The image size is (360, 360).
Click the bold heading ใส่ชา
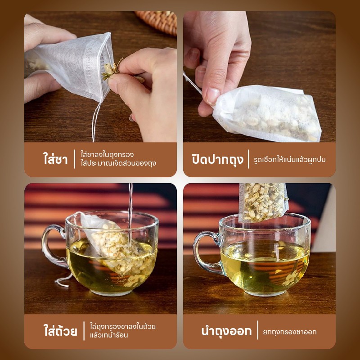[x=55, y=159]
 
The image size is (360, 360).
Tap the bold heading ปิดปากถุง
[x=217, y=159]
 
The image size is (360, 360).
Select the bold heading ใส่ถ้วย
[x=60, y=331]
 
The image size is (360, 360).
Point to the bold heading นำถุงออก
[x=226, y=331]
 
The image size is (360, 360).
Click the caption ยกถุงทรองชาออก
[x=289, y=332]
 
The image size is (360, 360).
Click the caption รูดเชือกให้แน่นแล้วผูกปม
[x=289, y=159]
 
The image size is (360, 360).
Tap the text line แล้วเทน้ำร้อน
[x=109, y=335]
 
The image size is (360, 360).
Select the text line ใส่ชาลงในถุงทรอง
[x=107, y=154]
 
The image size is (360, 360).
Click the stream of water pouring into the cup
[x=130, y=215]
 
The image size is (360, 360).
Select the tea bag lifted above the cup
[x=263, y=202]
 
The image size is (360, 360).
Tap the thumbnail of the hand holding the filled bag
[x=212, y=95]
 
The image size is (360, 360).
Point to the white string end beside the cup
[x=63, y=280]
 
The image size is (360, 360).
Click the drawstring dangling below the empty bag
[x=95, y=122]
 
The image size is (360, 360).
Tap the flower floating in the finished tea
[x=291, y=278]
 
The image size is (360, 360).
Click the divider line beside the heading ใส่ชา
[x=75, y=159]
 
